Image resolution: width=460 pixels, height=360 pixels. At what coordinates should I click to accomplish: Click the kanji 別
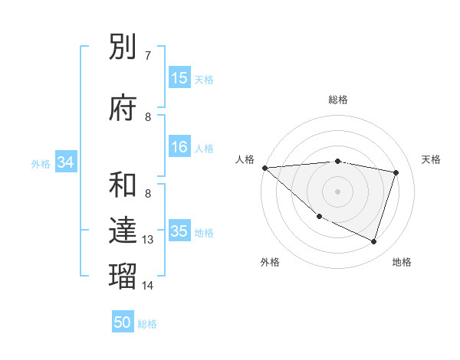click(x=123, y=48)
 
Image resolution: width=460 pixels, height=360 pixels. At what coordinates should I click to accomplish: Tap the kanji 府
click(x=123, y=108)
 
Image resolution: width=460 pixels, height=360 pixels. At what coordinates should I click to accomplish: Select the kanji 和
click(x=123, y=185)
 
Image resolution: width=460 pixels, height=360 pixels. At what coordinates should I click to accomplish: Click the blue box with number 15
click(x=179, y=78)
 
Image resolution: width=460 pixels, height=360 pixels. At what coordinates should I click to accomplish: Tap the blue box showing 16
click(x=179, y=148)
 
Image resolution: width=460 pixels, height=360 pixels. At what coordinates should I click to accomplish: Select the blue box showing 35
click(x=179, y=232)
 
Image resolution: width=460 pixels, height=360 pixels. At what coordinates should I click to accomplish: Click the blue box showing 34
click(x=65, y=162)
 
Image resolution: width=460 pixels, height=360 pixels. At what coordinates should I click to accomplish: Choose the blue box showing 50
click(x=123, y=322)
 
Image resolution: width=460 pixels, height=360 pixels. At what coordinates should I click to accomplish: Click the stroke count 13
click(x=149, y=240)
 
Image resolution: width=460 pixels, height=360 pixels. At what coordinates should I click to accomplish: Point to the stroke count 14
click(x=149, y=285)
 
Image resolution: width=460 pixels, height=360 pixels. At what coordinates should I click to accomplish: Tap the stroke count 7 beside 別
click(x=148, y=56)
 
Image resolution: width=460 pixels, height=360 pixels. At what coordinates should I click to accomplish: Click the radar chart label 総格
click(x=338, y=100)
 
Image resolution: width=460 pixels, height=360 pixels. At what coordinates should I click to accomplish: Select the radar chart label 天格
click(x=432, y=159)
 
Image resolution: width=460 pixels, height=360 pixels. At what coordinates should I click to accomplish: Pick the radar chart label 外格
click(x=270, y=262)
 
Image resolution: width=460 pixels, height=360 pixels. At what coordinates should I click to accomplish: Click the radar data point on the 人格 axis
click(x=264, y=168)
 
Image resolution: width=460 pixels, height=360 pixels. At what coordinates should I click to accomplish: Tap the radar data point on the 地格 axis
click(x=373, y=242)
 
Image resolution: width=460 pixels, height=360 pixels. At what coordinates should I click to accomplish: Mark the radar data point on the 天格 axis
click(x=396, y=172)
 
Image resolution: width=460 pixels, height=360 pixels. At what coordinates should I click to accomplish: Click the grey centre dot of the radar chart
click(x=338, y=191)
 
